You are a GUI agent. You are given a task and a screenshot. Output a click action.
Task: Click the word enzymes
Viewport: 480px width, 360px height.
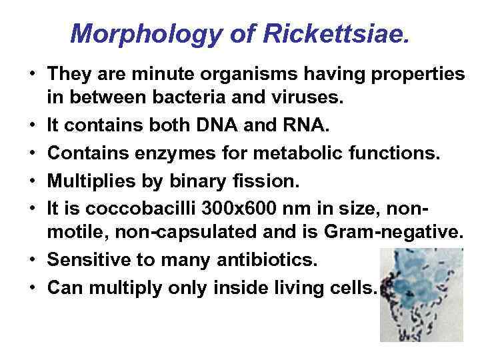[x=180, y=153]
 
